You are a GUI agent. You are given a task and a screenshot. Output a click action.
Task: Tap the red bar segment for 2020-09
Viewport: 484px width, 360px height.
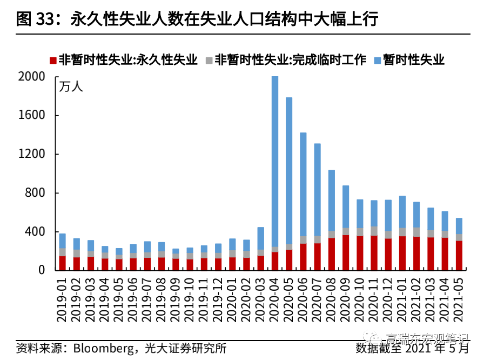[x=346, y=252]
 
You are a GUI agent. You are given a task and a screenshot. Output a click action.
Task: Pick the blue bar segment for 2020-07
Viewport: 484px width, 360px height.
[x=318, y=189]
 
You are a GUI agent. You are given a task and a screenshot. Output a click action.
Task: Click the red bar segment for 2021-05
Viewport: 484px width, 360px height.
[x=459, y=255]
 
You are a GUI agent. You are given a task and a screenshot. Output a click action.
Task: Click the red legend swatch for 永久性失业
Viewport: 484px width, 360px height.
[x=52, y=61]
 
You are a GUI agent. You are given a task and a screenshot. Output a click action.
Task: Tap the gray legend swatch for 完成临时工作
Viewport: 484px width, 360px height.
[x=209, y=61]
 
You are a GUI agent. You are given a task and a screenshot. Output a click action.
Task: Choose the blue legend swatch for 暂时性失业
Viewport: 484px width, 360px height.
[x=378, y=61]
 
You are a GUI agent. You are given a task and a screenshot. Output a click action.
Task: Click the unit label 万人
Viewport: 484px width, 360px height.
[x=71, y=86]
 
